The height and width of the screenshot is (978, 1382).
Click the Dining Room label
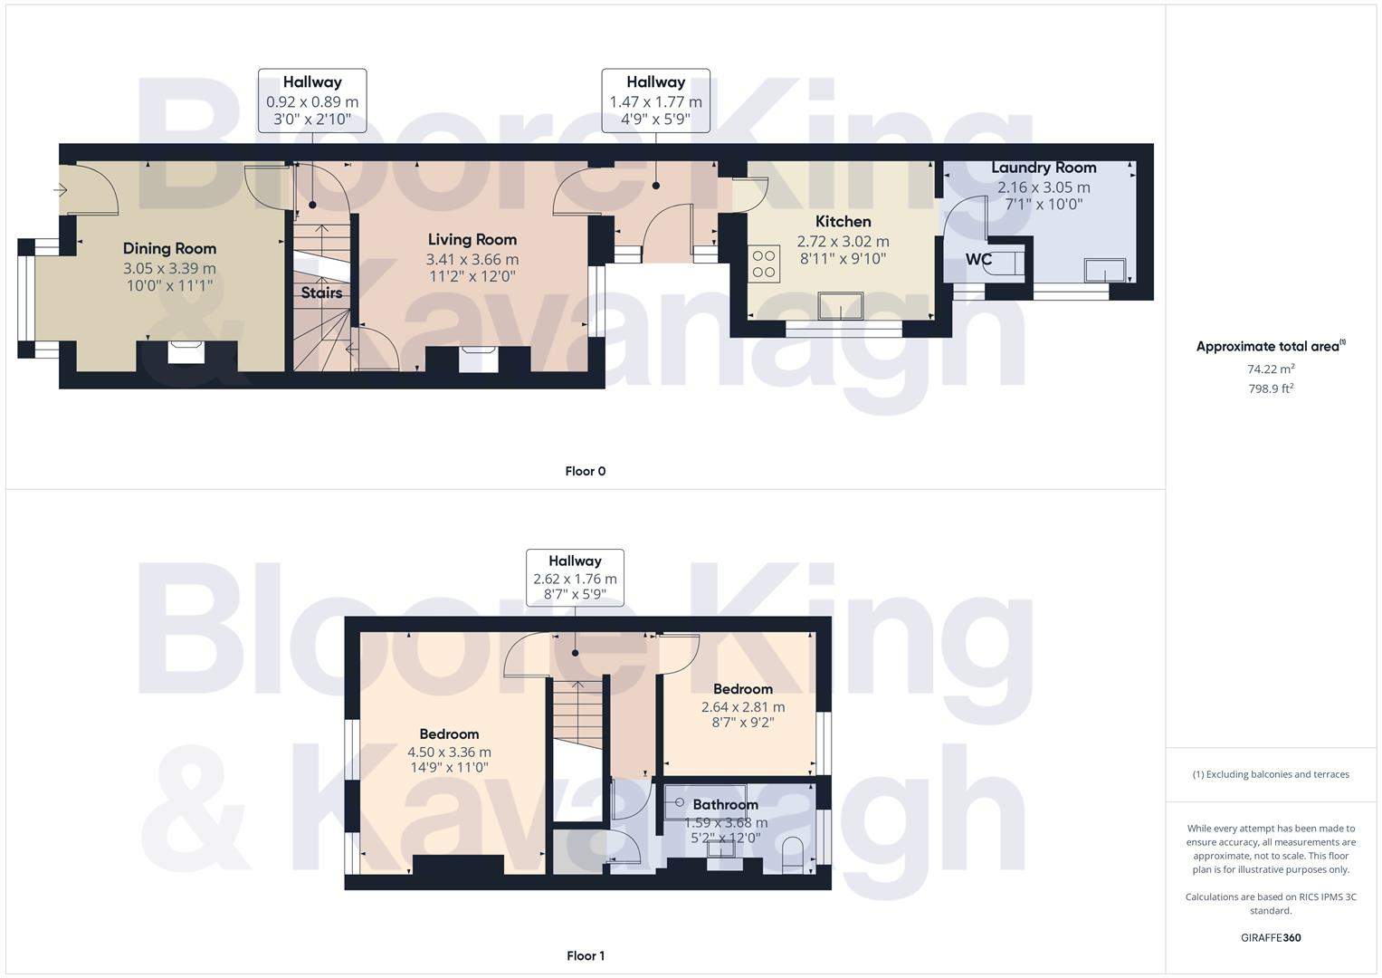tap(169, 248)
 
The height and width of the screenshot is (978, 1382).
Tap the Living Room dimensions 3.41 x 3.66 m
tap(472, 259)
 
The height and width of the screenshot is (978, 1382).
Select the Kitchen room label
tap(843, 221)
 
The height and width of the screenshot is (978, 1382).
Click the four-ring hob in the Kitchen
tap(764, 264)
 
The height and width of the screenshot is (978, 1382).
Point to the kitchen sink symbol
tap(841, 306)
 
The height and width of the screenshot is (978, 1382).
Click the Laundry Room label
tap(1044, 168)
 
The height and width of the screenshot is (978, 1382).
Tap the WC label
tap(978, 260)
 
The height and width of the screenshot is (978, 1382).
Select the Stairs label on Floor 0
tap(321, 292)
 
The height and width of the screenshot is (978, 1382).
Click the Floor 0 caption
tap(585, 471)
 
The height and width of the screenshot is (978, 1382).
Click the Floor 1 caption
tap(585, 955)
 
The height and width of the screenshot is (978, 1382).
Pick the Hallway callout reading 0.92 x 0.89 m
tap(312, 101)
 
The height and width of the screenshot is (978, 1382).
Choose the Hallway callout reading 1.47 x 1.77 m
tap(655, 101)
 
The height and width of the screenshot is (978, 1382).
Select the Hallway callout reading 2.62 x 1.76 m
tap(575, 578)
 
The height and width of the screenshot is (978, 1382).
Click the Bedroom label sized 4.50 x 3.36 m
tap(449, 733)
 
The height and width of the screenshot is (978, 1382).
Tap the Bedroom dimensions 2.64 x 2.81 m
tap(742, 706)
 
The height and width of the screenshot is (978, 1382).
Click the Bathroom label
tap(725, 804)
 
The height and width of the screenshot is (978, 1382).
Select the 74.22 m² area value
tap(1270, 369)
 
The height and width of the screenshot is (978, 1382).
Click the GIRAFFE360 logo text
tap(1270, 937)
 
